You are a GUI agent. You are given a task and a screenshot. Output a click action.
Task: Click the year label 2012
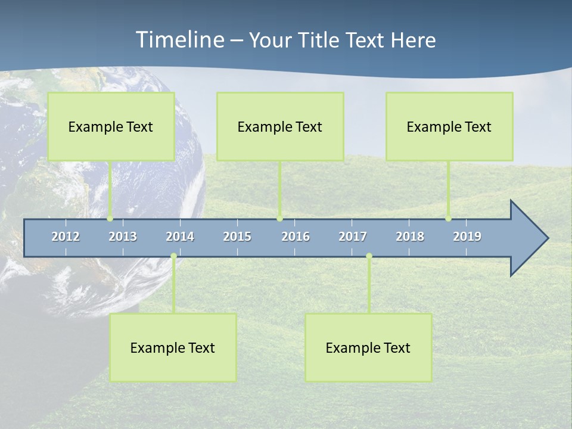[x=66, y=237]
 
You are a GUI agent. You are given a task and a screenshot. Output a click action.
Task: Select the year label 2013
[x=123, y=237]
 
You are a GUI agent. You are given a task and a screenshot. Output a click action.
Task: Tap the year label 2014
[x=180, y=237]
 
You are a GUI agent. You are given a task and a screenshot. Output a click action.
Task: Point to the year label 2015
[x=237, y=237]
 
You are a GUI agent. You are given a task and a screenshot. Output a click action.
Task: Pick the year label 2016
[x=296, y=237]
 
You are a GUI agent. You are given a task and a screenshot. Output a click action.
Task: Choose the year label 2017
[x=353, y=237]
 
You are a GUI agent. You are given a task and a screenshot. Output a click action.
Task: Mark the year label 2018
[x=410, y=237]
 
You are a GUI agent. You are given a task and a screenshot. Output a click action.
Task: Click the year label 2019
[x=467, y=237]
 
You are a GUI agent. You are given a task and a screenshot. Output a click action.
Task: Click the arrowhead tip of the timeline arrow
[x=546, y=238]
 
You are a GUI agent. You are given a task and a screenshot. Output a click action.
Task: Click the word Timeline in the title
[x=179, y=40]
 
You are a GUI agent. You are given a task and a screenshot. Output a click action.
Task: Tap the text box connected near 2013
[x=111, y=126]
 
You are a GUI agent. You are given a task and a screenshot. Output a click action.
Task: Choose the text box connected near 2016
[x=280, y=126]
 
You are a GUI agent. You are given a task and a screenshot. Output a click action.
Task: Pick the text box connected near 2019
[x=449, y=126]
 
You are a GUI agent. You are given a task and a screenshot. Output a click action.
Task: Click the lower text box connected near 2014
[x=173, y=347]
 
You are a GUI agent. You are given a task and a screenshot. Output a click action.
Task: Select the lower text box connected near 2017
[x=368, y=347]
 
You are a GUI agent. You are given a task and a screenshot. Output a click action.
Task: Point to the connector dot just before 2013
[x=110, y=219]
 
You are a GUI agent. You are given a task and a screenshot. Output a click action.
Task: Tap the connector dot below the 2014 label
[x=173, y=256]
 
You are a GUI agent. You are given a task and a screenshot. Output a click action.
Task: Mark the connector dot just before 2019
[x=449, y=219]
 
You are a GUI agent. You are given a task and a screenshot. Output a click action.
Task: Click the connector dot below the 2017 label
[x=369, y=256]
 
